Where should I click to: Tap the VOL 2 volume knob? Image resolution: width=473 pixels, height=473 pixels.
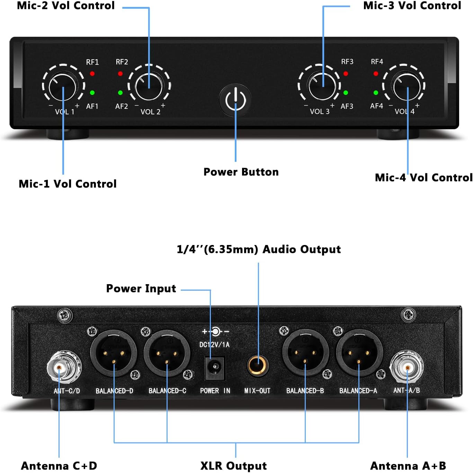(x=149, y=86)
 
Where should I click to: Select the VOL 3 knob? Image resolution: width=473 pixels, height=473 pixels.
(x=322, y=86)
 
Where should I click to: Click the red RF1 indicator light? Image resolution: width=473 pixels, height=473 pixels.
(x=92, y=73)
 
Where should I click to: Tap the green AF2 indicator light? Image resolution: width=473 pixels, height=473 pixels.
(x=120, y=93)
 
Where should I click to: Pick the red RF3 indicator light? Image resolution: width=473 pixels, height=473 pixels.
(x=346, y=73)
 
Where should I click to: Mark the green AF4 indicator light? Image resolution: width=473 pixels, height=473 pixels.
(x=376, y=93)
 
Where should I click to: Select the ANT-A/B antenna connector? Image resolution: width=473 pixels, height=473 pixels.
(x=407, y=366)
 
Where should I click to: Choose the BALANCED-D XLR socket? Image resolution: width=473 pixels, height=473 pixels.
(x=114, y=353)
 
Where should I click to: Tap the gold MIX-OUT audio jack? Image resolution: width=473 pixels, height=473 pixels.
(x=257, y=366)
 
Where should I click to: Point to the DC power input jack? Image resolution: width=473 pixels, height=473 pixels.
(x=215, y=367)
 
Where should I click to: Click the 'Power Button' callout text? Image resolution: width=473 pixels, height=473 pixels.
(x=241, y=172)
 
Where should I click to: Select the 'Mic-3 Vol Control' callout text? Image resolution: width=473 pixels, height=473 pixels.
(x=412, y=6)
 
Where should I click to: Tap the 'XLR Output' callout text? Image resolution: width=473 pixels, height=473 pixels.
(x=234, y=466)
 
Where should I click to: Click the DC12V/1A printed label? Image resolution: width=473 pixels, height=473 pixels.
(x=214, y=344)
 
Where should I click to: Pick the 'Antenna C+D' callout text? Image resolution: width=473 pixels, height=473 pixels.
(x=59, y=466)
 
